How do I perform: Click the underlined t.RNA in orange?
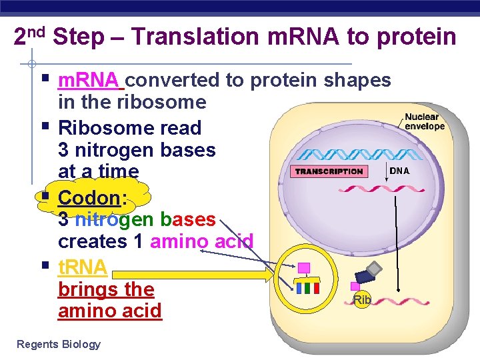coord(83,267)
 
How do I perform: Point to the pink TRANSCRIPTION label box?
coord(329,171)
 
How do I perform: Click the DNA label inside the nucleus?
coord(399,171)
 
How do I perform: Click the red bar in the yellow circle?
coord(316,287)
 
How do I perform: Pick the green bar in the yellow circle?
coord(307,287)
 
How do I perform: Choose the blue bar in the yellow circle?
coord(299,287)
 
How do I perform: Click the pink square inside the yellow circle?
coord(304,268)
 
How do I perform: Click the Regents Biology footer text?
coord(59,344)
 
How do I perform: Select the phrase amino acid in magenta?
coord(201,241)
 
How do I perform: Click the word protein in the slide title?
coord(416,37)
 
